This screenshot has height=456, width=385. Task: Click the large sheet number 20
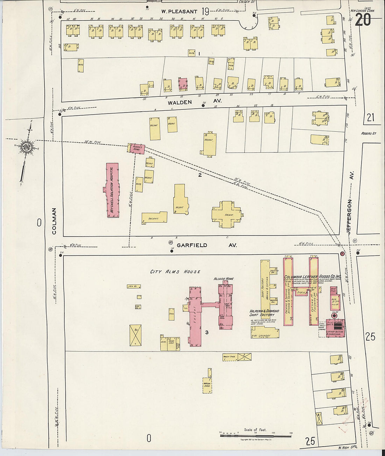(363, 20)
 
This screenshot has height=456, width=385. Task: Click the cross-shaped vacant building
(226, 214)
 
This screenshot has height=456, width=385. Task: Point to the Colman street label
(54, 221)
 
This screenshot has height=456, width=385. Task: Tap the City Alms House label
(175, 272)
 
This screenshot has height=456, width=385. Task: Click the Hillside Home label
(224, 278)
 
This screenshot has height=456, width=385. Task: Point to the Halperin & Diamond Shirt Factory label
(264, 313)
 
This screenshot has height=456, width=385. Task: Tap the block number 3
(207, 332)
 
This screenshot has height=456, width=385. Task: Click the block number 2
(200, 175)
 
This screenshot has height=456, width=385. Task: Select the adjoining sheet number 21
(370, 118)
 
